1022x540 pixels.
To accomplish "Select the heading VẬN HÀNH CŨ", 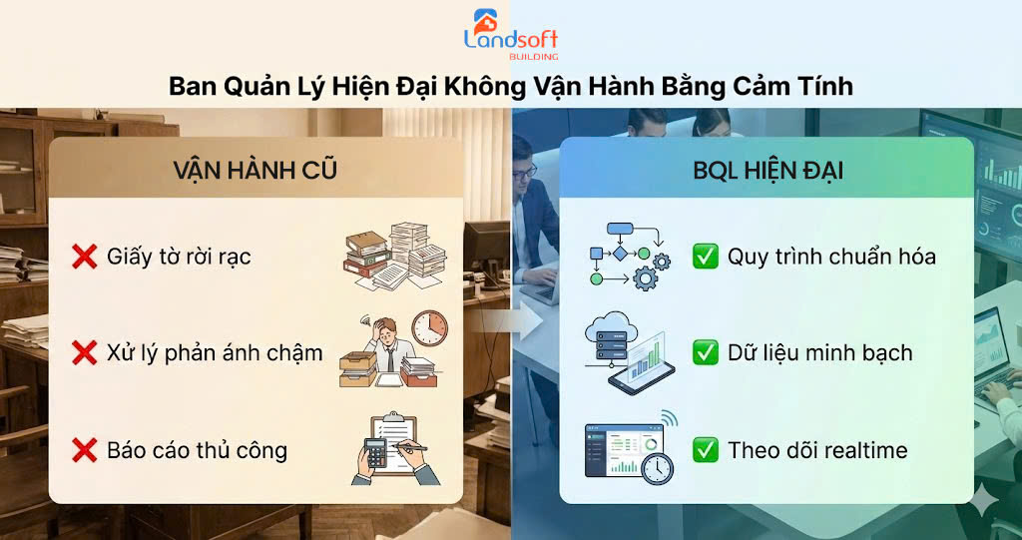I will (x=255, y=170).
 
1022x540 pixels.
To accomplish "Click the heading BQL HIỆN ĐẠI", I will (x=767, y=171).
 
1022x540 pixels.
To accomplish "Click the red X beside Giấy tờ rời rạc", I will (x=84, y=257).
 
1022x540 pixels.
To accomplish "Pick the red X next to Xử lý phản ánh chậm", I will (x=84, y=351).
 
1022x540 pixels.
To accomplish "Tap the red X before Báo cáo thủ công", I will (x=84, y=450).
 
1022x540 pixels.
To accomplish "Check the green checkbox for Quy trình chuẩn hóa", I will (x=705, y=257).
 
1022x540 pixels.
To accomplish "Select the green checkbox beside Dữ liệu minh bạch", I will (x=705, y=351).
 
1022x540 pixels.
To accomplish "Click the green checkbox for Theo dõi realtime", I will (x=705, y=450).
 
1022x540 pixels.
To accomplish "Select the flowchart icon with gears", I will (x=627, y=256).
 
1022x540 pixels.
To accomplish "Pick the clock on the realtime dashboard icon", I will (x=656, y=466).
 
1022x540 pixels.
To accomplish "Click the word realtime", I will (x=858, y=450).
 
